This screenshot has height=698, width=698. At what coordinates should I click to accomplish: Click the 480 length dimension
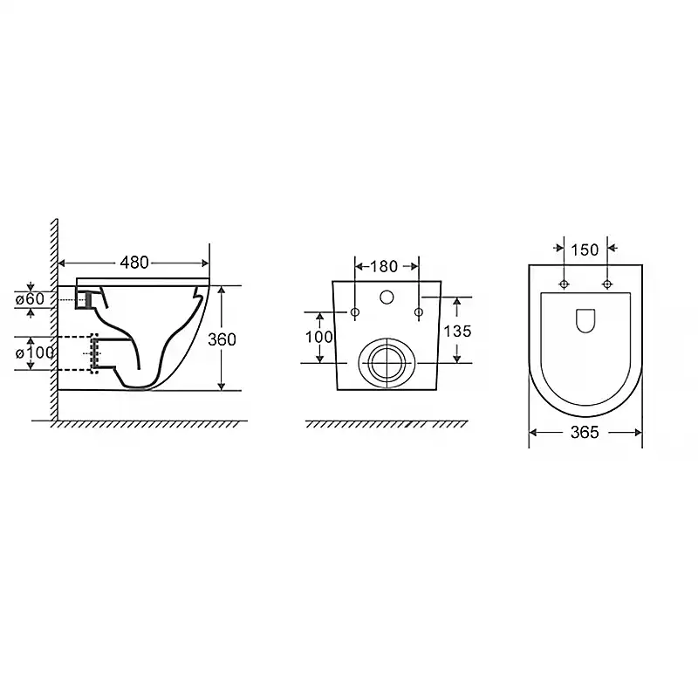[134, 263]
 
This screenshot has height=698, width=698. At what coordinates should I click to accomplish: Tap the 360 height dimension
[222, 339]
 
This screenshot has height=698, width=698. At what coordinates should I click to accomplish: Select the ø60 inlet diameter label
[30, 299]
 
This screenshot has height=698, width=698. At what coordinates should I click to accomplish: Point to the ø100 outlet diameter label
[35, 353]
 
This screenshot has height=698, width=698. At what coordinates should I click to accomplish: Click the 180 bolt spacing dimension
[383, 266]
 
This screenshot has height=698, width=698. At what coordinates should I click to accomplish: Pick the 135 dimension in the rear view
[457, 332]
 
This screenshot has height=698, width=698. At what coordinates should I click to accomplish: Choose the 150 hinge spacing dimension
[585, 250]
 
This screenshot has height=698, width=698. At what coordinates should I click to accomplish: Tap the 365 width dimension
[585, 432]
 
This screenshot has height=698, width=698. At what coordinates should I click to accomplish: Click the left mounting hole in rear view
[355, 312]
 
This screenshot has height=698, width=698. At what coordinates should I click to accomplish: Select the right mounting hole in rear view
[419, 312]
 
